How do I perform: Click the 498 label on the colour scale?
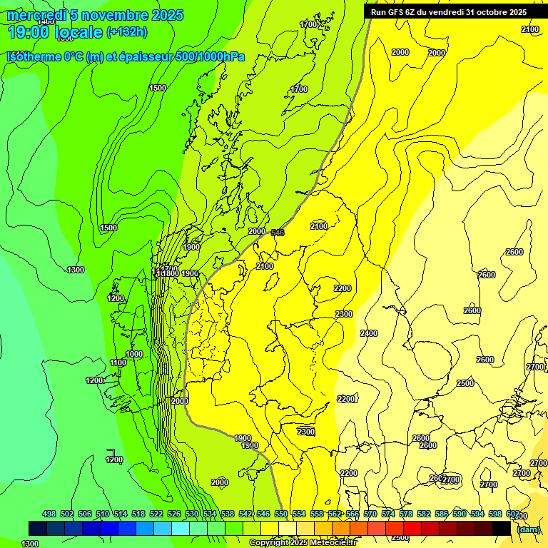pos(49,514)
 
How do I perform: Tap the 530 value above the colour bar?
pos(192,514)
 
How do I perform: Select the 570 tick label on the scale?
pos(370,514)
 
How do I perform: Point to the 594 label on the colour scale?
pos(477,514)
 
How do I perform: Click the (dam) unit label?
pos(529,529)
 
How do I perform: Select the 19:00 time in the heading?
pos(28,31)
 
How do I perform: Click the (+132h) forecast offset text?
pos(126,31)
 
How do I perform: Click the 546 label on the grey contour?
pos(278,233)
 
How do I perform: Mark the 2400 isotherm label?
pos(369,333)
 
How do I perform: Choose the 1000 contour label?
pos(133,354)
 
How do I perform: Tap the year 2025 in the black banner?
pos(517,11)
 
